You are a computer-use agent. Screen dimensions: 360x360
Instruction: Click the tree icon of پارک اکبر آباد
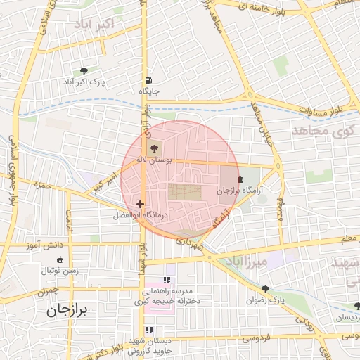click(x=84, y=71)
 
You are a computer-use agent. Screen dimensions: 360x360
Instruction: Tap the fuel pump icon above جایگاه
click(x=148, y=80)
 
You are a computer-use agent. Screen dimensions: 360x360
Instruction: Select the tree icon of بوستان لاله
click(x=155, y=148)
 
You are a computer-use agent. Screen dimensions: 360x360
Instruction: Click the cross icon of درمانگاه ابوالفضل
click(x=141, y=205)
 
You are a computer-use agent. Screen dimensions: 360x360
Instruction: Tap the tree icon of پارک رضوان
click(x=265, y=289)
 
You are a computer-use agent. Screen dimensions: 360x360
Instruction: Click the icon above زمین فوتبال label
click(x=59, y=259)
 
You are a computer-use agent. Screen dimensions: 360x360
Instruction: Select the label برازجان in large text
click(x=70, y=310)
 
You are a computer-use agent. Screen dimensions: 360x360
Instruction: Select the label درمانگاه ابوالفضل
click(x=141, y=215)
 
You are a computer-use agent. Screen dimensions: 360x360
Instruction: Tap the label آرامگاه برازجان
click(x=238, y=191)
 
